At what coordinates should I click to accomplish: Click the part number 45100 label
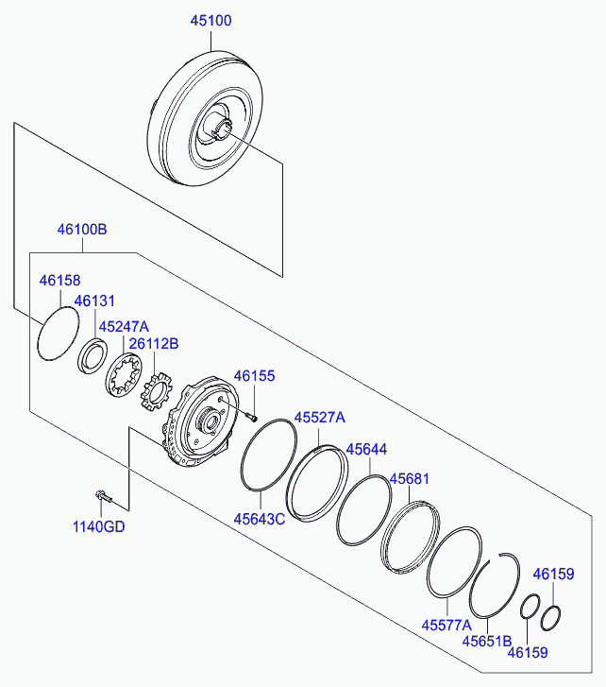(x=210, y=21)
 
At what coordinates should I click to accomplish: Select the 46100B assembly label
(x=82, y=229)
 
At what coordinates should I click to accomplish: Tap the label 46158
(x=60, y=280)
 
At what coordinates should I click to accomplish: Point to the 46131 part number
(x=94, y=301)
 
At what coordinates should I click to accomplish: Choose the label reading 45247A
(x=124, y=326)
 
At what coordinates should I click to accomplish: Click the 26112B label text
(x=154, y=344)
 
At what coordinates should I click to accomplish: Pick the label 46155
(x=254, y=375)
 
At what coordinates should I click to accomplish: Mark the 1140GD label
(x=98, y=526)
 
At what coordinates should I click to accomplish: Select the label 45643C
(x=259, y=519)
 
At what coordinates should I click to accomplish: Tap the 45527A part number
(x=319, y=417)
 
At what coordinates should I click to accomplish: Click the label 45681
(x=410, y=478)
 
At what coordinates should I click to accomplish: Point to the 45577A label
(x=446, y=625)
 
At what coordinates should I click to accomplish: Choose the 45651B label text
(x=487, y=641)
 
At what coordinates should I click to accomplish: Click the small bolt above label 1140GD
(x=103, y=497)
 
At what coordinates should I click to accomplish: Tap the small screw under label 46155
(x=252, y=417)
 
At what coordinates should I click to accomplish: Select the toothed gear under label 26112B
(x=156, y=391)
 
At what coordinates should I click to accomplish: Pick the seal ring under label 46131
(x=93, y=356)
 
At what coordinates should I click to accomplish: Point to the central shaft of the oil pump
(x=210, y=421)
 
